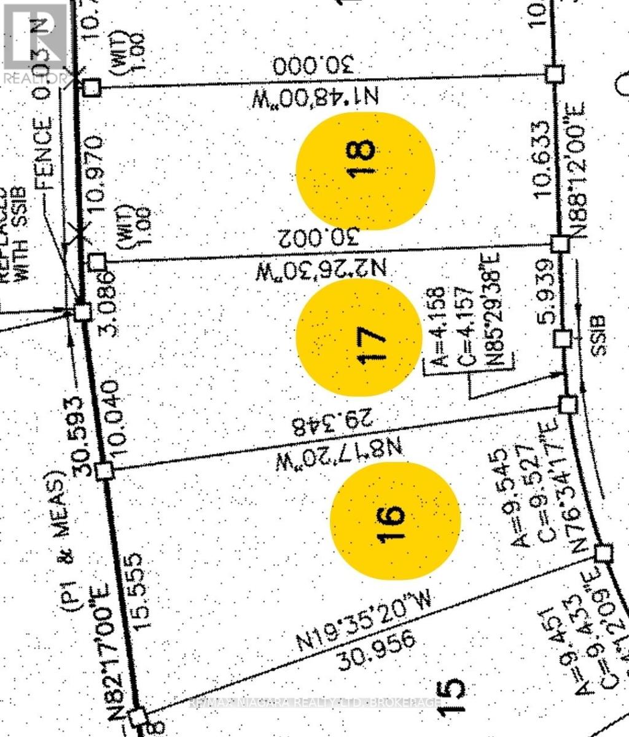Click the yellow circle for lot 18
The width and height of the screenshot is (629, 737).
pos(365,170)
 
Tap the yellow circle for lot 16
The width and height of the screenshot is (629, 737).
pos(395,520)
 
